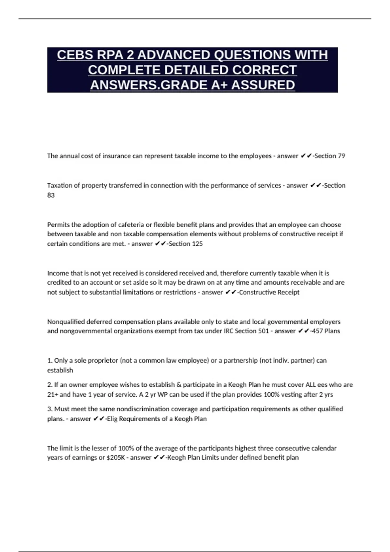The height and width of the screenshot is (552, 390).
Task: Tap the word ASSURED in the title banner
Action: point(263,85)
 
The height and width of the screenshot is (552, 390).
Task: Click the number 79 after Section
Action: point(341,156)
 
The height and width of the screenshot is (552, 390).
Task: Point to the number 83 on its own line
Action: point(51,195)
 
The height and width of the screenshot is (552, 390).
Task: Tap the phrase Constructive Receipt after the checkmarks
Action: point(269,292)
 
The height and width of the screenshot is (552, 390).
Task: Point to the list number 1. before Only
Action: point(50,360)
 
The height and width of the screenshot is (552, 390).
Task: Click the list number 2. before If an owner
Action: point(50,385)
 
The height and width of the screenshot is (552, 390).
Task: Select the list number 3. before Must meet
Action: point(50,409)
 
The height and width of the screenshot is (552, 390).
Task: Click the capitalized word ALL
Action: point(310,385)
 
